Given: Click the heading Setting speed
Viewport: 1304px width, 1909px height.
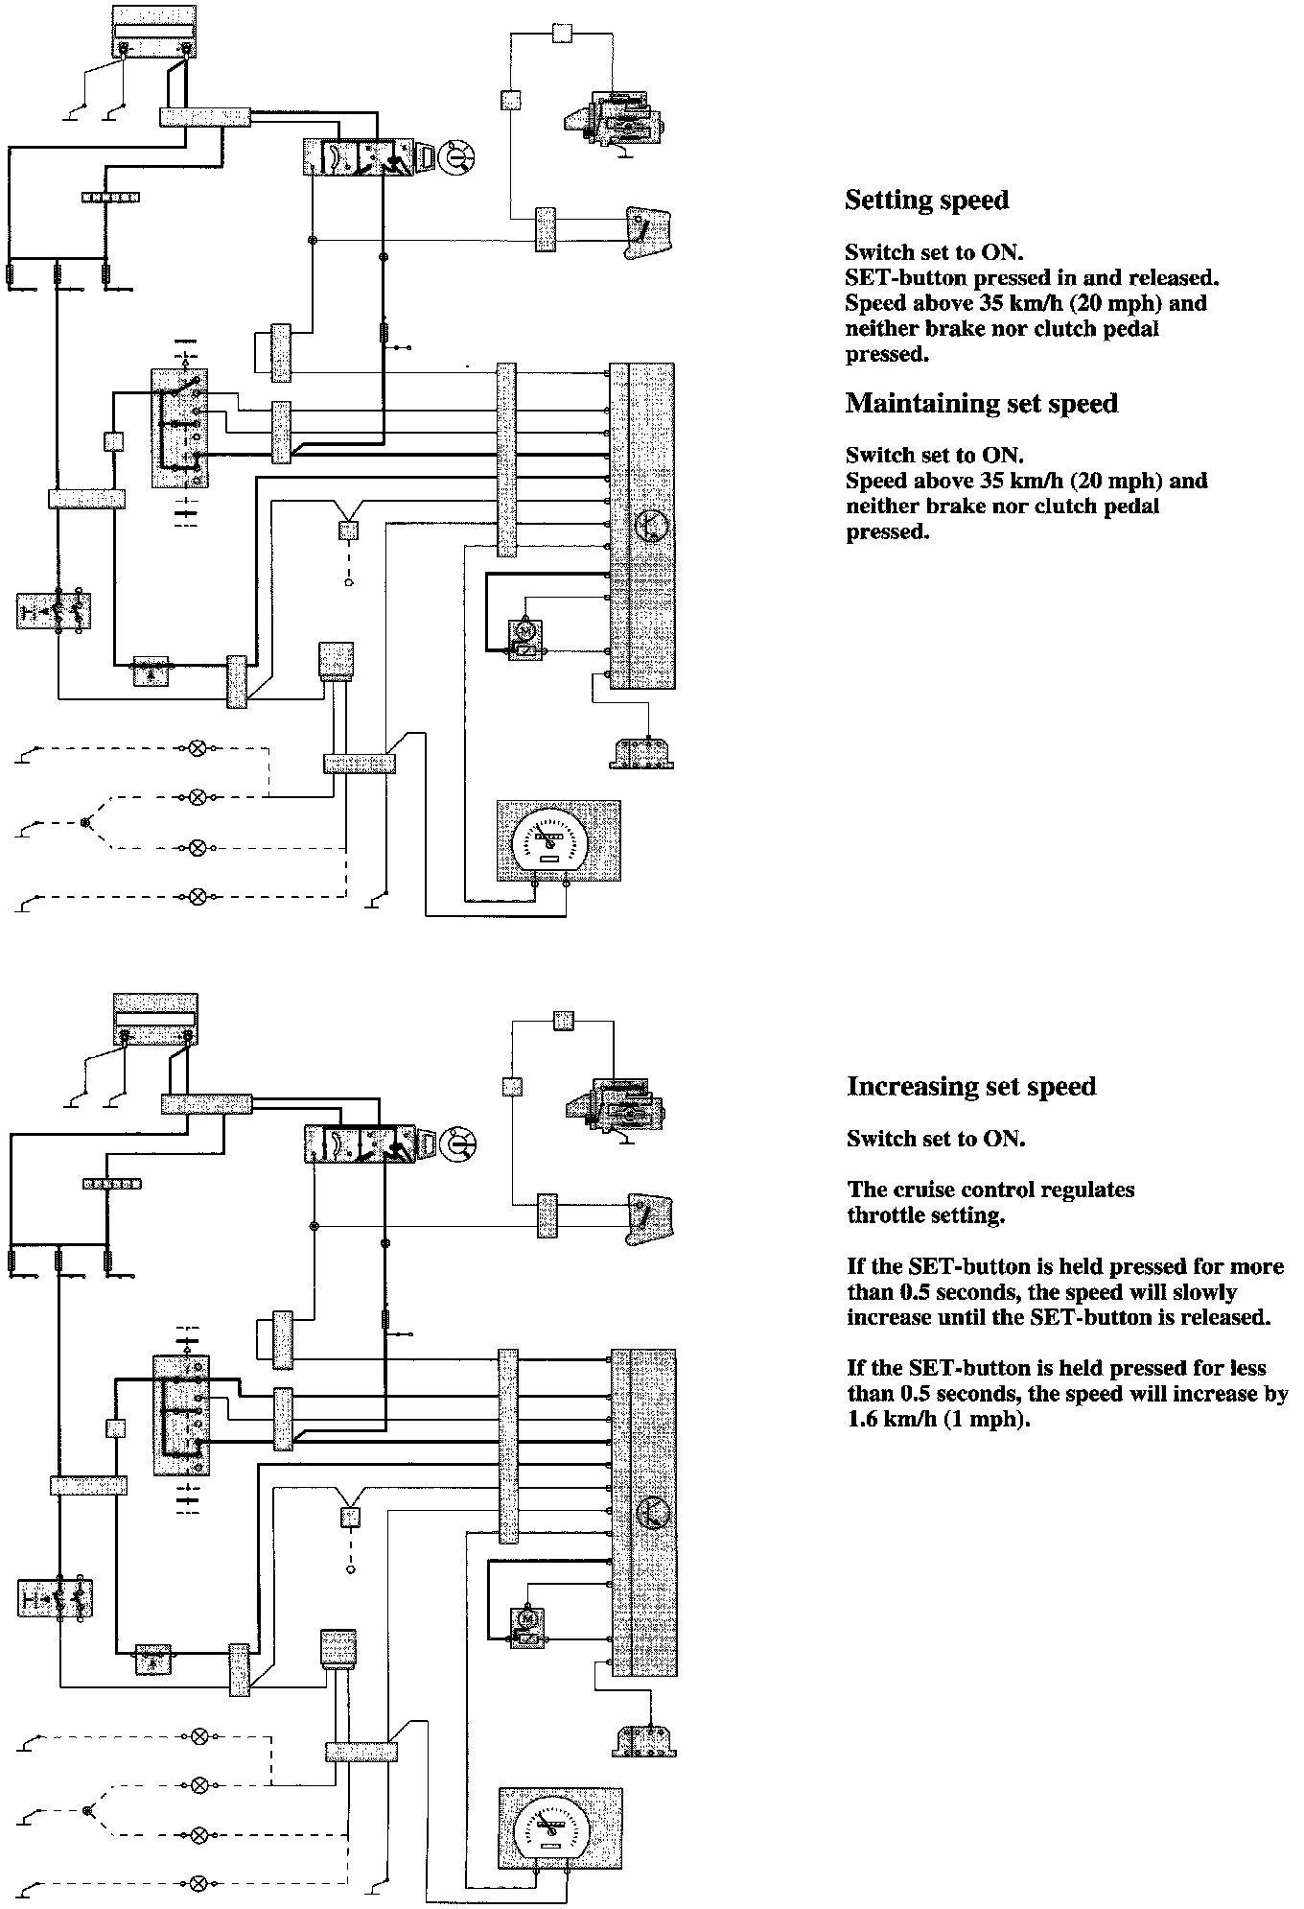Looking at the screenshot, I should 926,200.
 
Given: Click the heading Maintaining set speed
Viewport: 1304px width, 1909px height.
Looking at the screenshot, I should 981,403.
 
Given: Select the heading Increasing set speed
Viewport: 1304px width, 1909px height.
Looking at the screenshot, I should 970,1086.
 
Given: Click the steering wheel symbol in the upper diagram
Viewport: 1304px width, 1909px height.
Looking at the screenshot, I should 456,157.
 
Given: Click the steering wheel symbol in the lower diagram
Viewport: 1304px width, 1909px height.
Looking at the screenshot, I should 458,1144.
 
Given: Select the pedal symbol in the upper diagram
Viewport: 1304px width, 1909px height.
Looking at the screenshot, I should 650,231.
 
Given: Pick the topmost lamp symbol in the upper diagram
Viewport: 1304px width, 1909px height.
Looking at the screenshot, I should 198,747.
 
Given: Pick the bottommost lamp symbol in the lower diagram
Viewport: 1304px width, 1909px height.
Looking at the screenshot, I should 199,1883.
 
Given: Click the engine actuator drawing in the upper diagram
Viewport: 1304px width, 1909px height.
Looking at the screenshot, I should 614,123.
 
